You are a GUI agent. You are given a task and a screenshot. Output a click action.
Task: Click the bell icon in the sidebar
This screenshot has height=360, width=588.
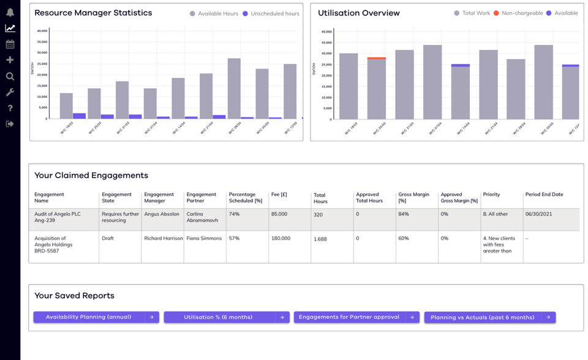(x=10, y=12)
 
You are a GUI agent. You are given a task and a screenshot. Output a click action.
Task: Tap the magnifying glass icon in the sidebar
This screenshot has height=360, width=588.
(x=10, y=76)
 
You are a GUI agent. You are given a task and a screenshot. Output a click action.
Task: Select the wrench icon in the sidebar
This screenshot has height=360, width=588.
(x=10, y=92)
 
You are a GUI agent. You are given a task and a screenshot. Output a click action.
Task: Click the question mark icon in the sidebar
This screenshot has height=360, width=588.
(x=10, y=108)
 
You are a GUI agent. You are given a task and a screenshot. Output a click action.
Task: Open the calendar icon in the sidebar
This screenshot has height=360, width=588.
(x=10, y=44)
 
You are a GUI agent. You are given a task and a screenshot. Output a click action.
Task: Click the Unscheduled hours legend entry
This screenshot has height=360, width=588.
(x=271, y=13)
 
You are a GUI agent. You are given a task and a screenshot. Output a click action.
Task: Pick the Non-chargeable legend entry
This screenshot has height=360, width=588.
(x=518, y=13)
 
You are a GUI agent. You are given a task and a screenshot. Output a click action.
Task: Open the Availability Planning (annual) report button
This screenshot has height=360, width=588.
(x=96, y=317)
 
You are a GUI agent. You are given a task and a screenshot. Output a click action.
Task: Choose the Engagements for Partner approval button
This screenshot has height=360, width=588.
(x=356, y=317)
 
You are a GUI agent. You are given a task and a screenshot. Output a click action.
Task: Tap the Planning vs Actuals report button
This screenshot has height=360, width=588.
(x=489, y=317)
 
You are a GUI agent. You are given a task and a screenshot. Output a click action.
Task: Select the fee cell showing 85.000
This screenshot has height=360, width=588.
(x=279, y=214)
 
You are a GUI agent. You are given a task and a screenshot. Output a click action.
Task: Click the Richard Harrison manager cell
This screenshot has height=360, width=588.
(x=164, y=238)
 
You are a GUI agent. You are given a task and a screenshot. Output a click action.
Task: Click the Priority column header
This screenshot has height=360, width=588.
(x=491, y=194)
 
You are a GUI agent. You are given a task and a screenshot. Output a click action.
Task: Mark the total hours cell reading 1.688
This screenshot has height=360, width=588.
(x=320, y=239)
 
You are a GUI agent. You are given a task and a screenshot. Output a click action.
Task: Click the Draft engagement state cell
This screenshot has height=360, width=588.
(x=108, y=238)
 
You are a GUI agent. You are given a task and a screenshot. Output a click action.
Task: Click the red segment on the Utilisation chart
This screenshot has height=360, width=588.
(x=376, y=58)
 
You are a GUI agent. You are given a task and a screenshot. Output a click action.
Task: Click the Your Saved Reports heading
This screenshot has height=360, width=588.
(x=74, y=296)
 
